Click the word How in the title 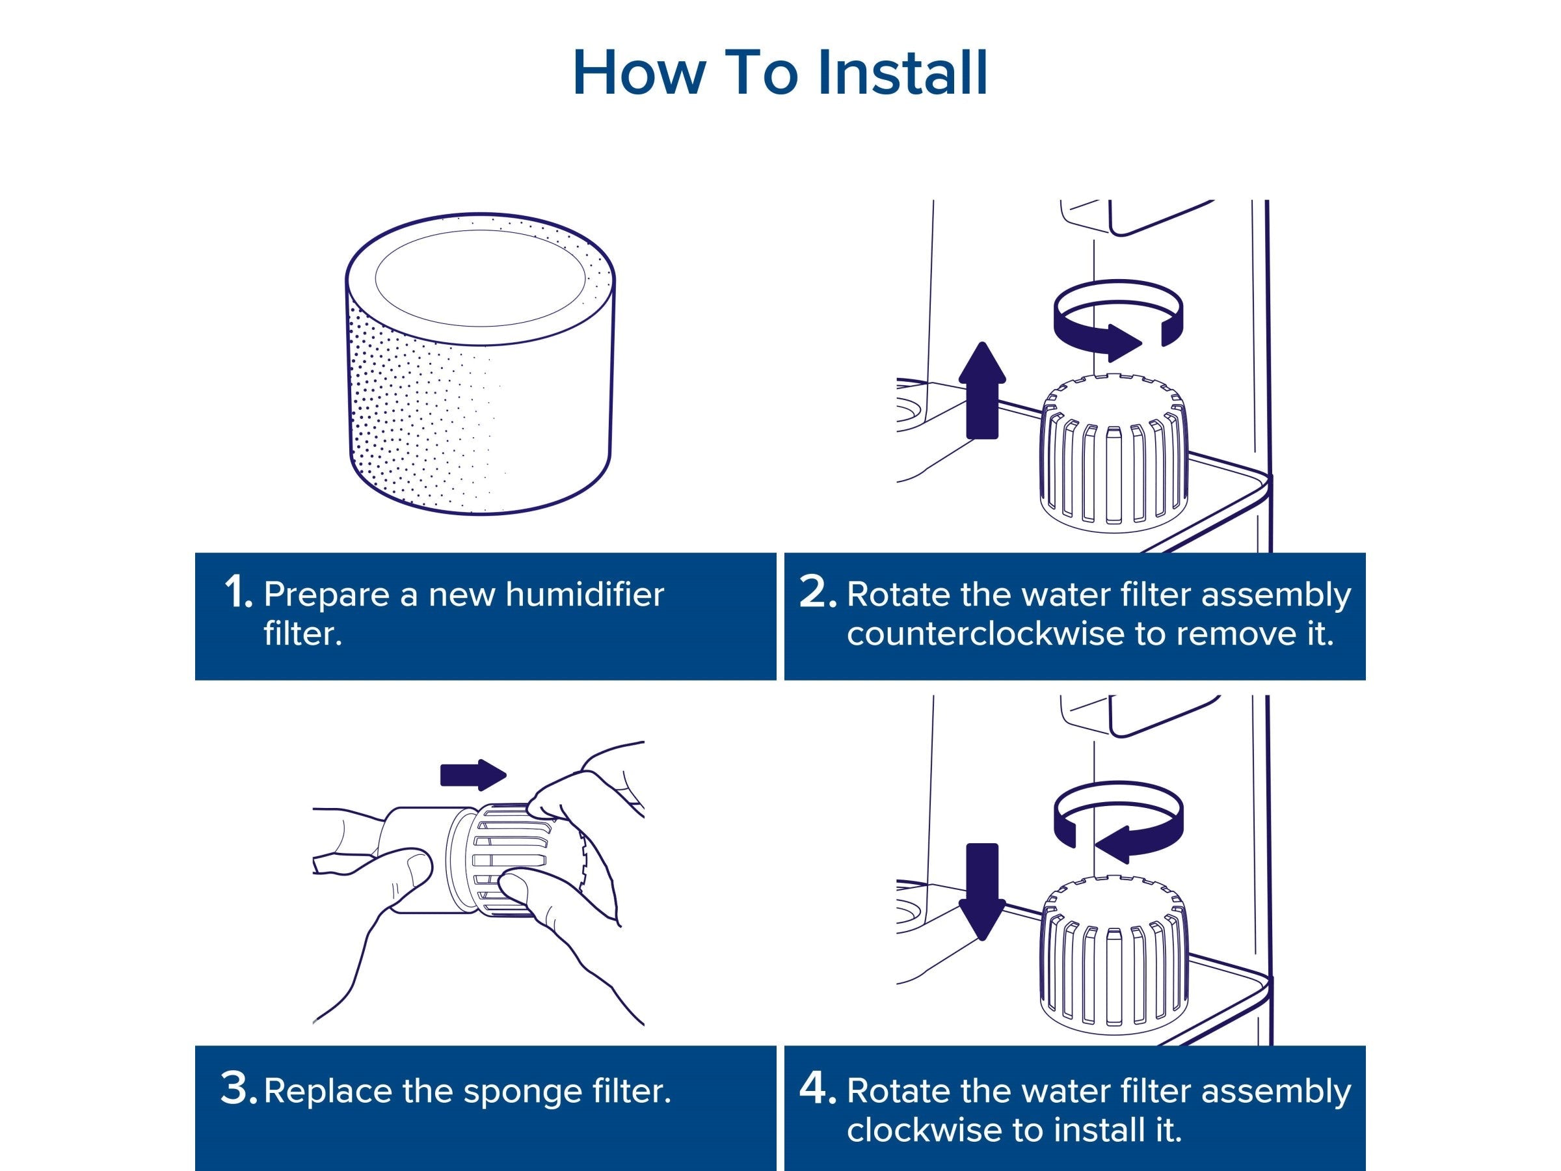(639, 73)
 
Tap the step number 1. (238, 591)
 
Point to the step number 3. (239, 1088)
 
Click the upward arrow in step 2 (982, 390)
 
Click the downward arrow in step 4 (982, 892)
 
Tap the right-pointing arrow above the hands (473, 775)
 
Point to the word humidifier (584, 595)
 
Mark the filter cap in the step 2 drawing (1114, 453)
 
